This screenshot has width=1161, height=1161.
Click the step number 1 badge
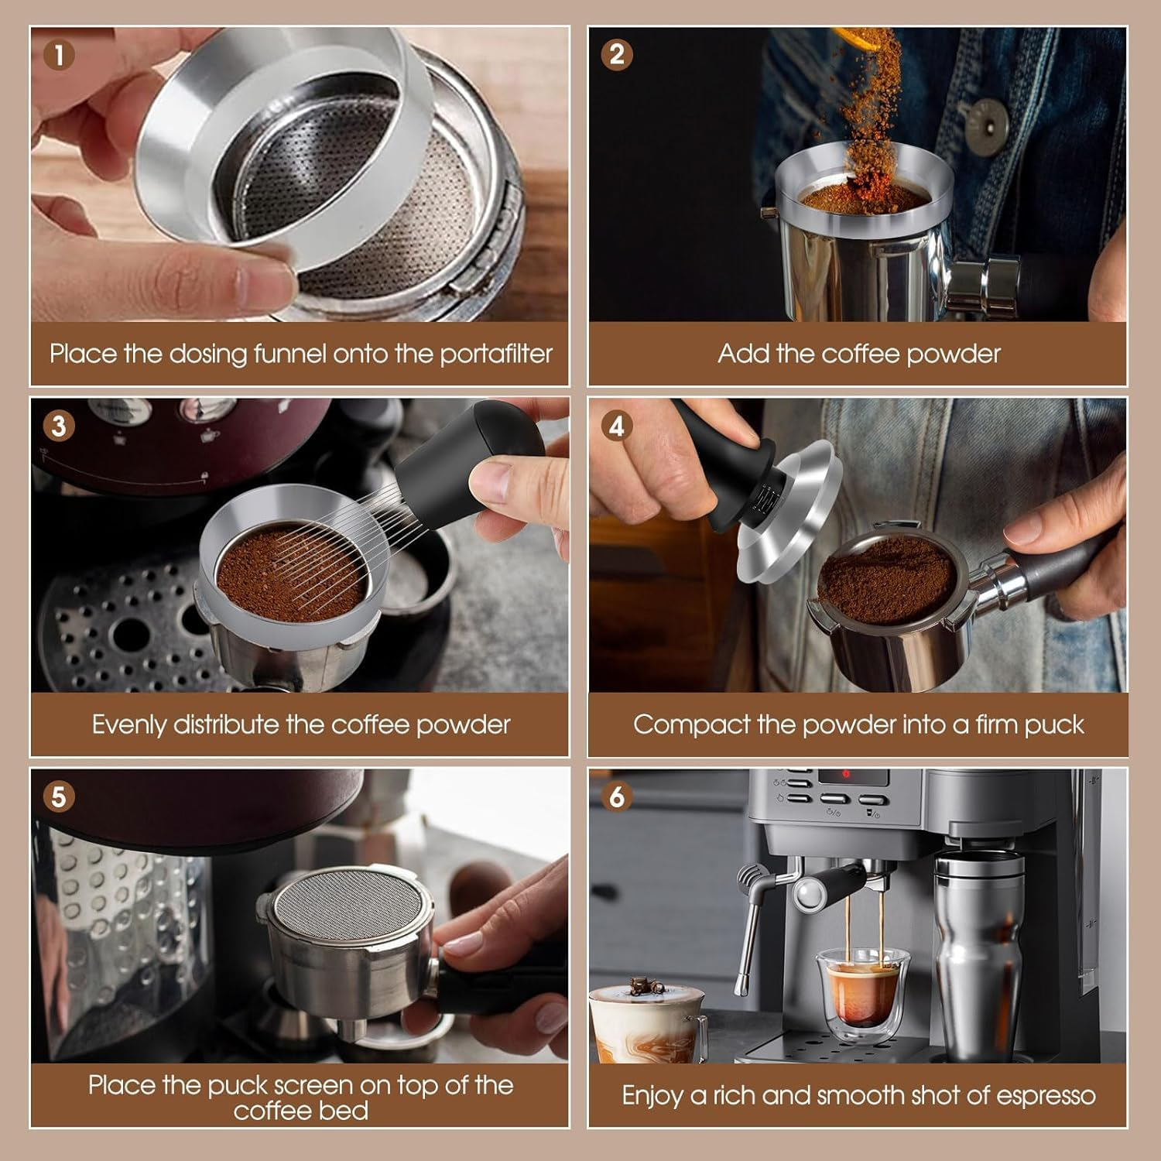click(60, 55)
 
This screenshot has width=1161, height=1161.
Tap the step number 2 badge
click(617, 55)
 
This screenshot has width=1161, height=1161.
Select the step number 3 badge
click(60, 426)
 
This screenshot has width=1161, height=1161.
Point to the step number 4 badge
click(617, 426)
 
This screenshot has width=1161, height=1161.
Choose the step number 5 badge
click(60, 796)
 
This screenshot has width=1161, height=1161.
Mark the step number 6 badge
click(617, 796)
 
